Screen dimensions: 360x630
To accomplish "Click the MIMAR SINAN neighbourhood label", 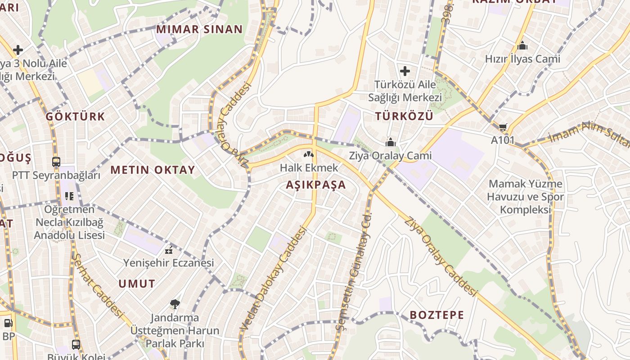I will tap(199, 30).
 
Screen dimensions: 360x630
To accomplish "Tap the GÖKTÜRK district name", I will tap(75, 117).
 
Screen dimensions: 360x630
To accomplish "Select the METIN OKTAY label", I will tap(153, 170).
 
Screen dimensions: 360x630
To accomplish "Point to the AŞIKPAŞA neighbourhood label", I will tap(316, 184).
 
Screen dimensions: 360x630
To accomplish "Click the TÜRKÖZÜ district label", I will tap(404, 116).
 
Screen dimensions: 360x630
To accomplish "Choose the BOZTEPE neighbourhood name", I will tap(436, 315).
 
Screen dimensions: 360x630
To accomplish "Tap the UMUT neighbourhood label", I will tap(137, 284).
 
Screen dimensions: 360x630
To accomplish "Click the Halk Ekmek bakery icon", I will tap(309, 155).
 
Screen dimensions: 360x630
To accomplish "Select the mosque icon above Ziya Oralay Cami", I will tap(390, 143).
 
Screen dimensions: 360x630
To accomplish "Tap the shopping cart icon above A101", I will tap(503, 127).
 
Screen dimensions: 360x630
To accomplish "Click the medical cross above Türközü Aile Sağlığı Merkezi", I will tap(405, 71).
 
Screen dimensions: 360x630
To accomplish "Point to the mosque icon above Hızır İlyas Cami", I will tap(522, 45).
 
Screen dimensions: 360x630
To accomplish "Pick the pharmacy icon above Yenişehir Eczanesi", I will tap(169, 250).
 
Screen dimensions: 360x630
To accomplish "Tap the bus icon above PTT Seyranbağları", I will tap(56, 162).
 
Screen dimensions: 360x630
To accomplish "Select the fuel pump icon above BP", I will tap(8, 323).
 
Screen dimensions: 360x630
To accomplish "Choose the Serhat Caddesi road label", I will tap(97, 286).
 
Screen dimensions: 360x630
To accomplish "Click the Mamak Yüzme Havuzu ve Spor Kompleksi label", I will tap(526, 197).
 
